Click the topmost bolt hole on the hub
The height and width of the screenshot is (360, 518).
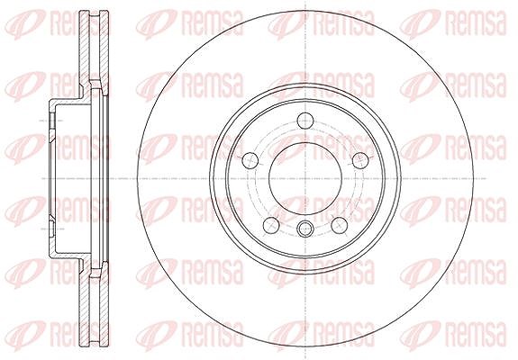pos(305,121)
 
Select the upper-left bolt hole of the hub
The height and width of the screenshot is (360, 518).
pos(250,160)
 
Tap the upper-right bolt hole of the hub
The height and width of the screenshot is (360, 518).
pos(360,160)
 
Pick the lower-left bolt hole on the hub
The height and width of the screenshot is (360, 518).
pos(271,225)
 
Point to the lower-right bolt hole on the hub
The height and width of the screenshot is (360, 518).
pos(340,225)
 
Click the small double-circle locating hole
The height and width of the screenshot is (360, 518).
pos(305,229)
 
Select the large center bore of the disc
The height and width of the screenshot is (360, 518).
pos(305,178)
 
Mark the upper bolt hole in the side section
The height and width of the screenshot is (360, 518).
pos(52,121)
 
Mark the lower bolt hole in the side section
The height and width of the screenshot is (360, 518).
pos(52,229)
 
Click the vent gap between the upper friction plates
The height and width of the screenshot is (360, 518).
pos(95,46)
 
